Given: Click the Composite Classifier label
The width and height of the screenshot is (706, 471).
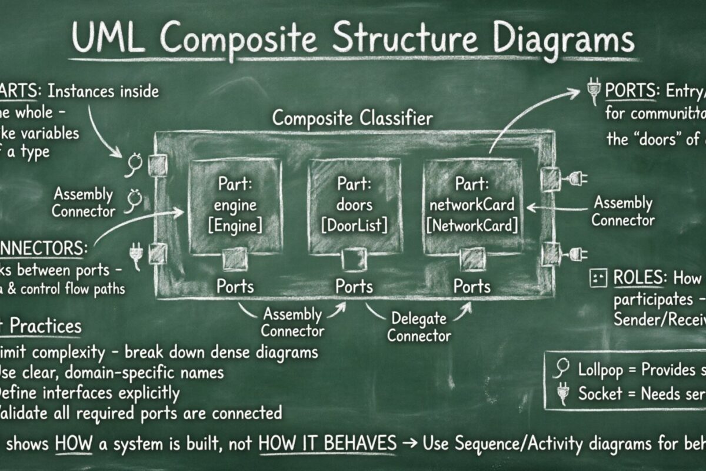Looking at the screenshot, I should tap(352, 118).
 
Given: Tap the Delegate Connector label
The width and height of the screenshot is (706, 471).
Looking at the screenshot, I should tap(418, 328).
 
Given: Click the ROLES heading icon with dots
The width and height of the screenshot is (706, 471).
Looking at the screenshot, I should tap(598, 278).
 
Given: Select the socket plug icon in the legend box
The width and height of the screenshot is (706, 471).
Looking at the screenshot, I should tap(563, 393).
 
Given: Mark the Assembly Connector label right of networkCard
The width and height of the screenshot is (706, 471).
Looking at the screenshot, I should tap(623, 212).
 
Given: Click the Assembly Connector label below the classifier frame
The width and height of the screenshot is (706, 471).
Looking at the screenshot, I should tap(292, 322).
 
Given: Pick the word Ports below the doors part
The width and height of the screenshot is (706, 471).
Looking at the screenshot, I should tap(354, 287).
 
